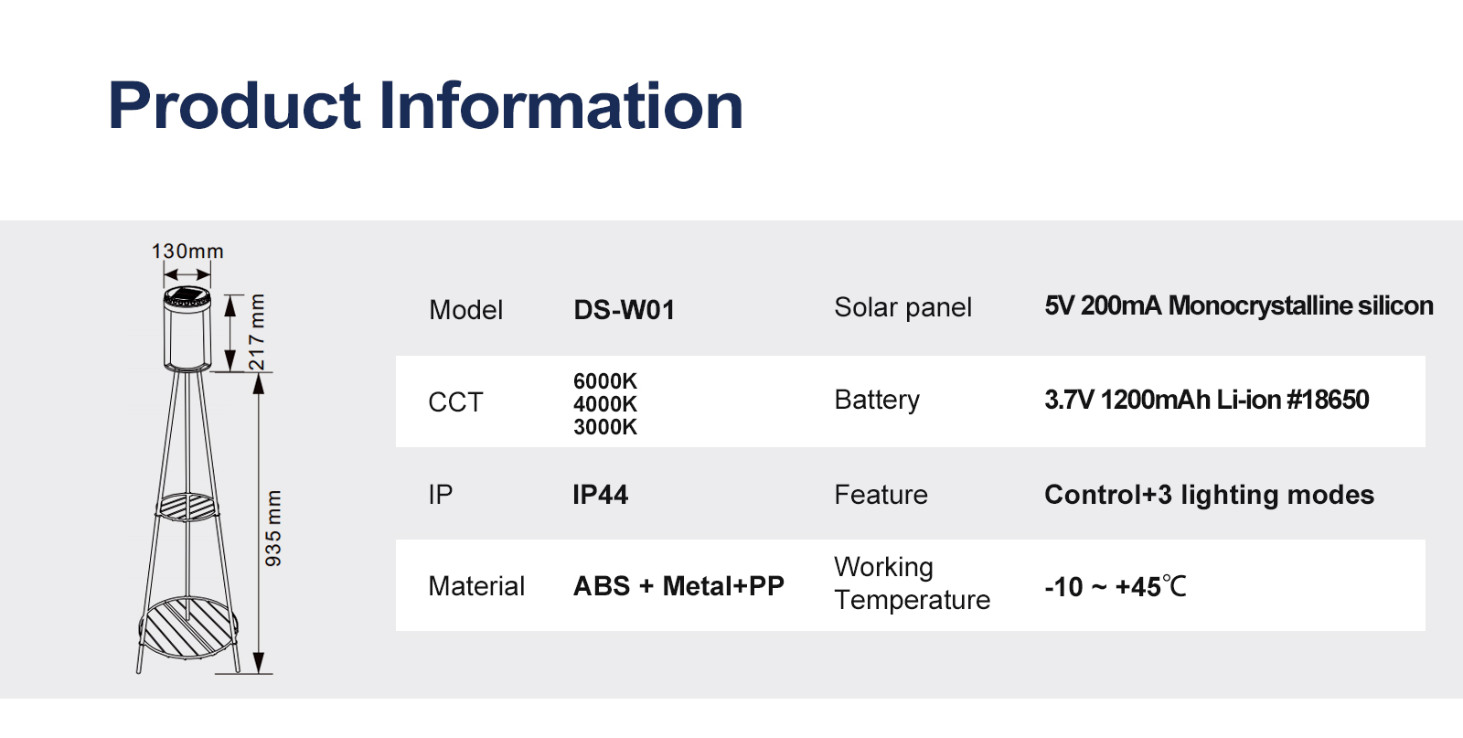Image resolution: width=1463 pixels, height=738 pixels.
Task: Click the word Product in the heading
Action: click(x=234, y=105)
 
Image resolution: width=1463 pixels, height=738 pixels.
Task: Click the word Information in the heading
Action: click(x=561, y=105)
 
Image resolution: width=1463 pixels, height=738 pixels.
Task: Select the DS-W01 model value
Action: click(x=625, y=310)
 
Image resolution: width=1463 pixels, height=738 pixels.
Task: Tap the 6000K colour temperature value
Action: click(x=604, y=380)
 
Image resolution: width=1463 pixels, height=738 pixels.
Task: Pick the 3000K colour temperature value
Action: click(x=604, y=426)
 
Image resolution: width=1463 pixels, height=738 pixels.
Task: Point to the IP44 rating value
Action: click(x=600, y=495)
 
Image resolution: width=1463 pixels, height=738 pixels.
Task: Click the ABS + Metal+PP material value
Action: click(x=678, y=586)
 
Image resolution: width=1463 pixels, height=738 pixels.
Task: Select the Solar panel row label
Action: click(x=902, y=307)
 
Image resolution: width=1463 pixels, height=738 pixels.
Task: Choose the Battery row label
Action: click(x=877, y=400)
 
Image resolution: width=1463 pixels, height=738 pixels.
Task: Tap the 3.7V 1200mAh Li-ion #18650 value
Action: click(x=1206, y=400)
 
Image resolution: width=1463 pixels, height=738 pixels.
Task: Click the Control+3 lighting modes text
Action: click(x=1209, y=495)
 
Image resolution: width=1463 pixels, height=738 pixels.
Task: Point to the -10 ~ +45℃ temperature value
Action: click(x=1116, y=586)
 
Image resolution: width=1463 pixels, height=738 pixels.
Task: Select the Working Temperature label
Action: click(x=912, y=583)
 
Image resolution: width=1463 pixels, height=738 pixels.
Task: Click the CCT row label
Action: click(x=455, y=402)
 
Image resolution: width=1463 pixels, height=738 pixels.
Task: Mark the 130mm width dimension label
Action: click(x=187, y=251)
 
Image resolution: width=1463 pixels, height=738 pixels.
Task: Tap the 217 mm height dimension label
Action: click(x=257, y=333)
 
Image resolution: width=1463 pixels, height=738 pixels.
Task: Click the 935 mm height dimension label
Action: click(x=273, y=529)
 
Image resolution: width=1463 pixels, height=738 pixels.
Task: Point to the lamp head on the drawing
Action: click(x=187, y=329)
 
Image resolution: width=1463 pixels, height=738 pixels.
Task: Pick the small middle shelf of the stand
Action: click(x=187, y=507)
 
